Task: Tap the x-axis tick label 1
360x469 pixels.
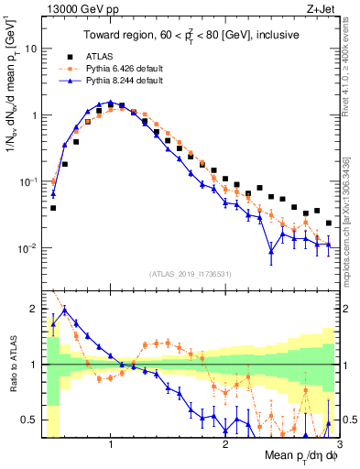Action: pyautogui.click(x=111, y=443)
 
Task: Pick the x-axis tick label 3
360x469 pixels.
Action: pyautogui.click(x=339, y=443)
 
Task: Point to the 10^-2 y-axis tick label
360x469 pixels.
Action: pyautogui.click(x=30, y=248)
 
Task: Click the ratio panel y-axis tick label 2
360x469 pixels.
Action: pyautogui.click(x=36, y=308)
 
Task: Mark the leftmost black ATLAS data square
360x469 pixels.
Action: pyautogui.click(x=53, y=208)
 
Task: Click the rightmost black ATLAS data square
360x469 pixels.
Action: pyautogui.click(x=329, y=223)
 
